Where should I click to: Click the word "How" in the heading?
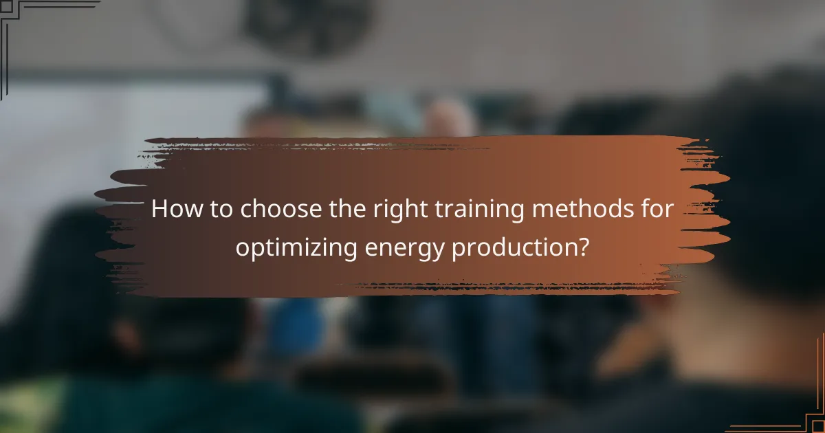tap(172, 210)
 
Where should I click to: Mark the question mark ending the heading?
tap(583, 246)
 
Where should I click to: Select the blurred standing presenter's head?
tap(447, 117)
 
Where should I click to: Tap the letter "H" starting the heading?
tap(159, 210)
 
